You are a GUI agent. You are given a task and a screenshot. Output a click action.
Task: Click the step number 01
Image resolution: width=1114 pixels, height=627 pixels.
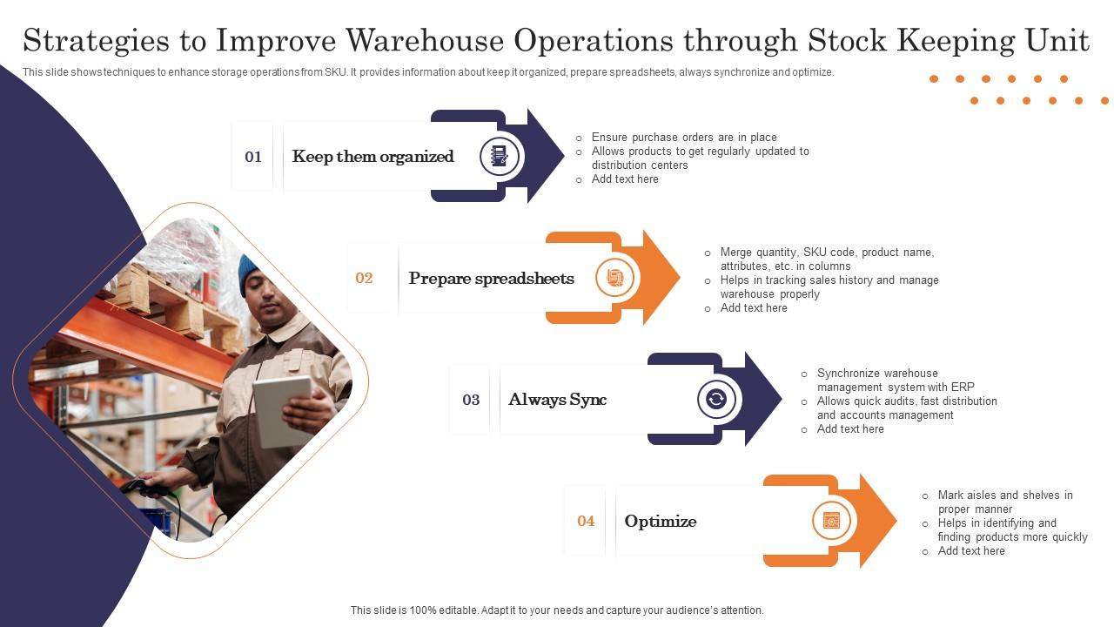pos(253,157)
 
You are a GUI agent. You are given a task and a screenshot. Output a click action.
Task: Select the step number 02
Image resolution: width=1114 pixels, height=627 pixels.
pos(364,279)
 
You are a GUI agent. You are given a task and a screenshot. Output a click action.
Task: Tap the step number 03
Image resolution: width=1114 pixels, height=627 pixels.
pos(471,400)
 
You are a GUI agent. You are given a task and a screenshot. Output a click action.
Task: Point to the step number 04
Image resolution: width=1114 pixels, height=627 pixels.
pos(586,521)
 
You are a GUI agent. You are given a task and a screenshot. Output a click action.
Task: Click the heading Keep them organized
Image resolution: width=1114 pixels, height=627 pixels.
pos(372,157)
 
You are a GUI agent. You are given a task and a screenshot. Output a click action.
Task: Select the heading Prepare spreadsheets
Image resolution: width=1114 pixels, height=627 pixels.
pos(491,279)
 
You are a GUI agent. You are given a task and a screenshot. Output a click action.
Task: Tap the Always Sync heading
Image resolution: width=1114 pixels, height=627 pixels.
pos(557,400)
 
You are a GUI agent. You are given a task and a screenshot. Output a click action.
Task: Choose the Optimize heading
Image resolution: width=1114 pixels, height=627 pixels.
pos(660,521)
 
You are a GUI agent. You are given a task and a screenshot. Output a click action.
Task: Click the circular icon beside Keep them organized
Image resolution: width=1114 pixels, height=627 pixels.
pos(500,157)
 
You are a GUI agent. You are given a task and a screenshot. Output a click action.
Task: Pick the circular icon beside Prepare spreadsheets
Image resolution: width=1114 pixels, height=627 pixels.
pos(615,278)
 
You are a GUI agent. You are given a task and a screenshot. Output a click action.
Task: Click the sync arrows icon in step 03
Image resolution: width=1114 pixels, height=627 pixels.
pos(716,400)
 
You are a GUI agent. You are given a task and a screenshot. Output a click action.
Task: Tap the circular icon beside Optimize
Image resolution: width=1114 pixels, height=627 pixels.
pos(831,521)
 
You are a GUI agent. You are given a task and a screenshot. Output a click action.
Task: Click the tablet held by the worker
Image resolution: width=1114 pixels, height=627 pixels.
pos(282,411)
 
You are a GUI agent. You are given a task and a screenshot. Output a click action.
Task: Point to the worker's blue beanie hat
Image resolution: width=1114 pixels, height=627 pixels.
pos(251,271)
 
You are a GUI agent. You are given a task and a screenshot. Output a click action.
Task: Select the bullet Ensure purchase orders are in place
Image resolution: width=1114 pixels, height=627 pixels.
pos(683,138)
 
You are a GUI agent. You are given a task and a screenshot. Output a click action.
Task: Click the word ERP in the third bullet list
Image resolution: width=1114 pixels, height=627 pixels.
pos(963,388)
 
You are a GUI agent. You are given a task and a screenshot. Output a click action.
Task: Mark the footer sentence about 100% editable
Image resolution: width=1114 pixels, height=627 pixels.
pos(557,610)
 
